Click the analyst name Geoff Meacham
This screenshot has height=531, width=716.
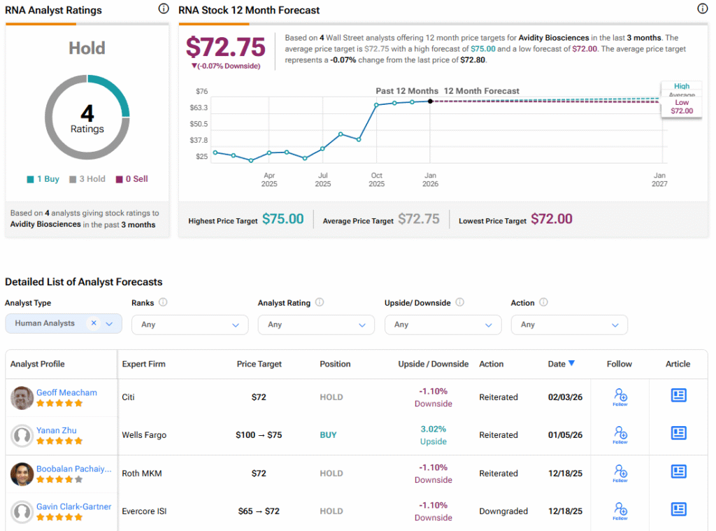66,392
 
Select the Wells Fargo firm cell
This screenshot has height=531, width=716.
144,435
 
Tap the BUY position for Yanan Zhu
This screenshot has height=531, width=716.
328,435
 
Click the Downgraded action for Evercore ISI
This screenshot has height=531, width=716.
503,511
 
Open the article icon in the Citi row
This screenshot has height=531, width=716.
678,395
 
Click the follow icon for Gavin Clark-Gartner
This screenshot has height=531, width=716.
620,510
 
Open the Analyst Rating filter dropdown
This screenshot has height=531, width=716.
316,325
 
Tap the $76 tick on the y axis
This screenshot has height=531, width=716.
201,92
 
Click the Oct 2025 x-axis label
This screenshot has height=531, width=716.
376,180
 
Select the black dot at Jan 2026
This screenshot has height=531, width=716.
430,101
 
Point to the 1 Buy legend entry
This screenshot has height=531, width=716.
43,179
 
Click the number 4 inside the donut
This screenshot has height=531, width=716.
87,113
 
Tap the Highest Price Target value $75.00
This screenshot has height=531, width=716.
283,220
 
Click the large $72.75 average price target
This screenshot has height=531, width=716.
226,48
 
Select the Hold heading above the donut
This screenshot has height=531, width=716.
87,48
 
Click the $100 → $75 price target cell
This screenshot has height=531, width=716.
259,435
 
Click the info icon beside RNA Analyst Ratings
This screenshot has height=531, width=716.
163,9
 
